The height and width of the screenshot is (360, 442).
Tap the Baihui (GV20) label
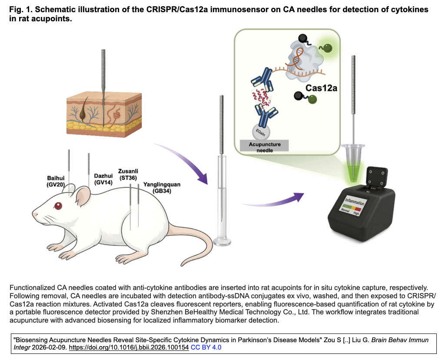(56, 181)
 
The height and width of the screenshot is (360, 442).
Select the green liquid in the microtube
(355, 167)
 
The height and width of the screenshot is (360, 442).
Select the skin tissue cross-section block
(104, 111)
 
